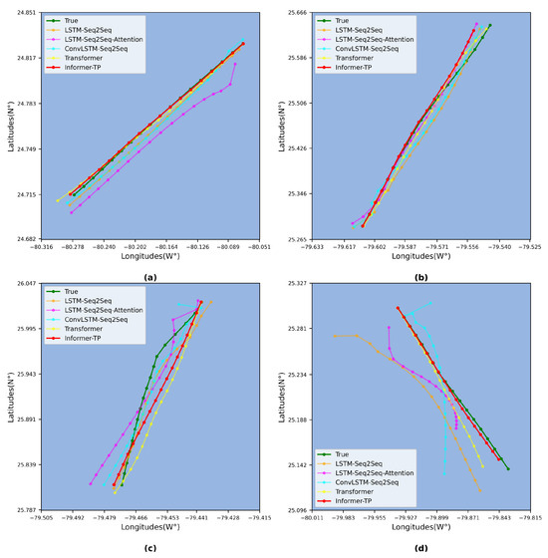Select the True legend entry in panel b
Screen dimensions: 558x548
[x=349, y=20]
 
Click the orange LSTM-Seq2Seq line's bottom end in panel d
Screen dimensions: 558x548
[x=479, y=490]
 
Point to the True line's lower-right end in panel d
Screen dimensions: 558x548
[x=507, y=468]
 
